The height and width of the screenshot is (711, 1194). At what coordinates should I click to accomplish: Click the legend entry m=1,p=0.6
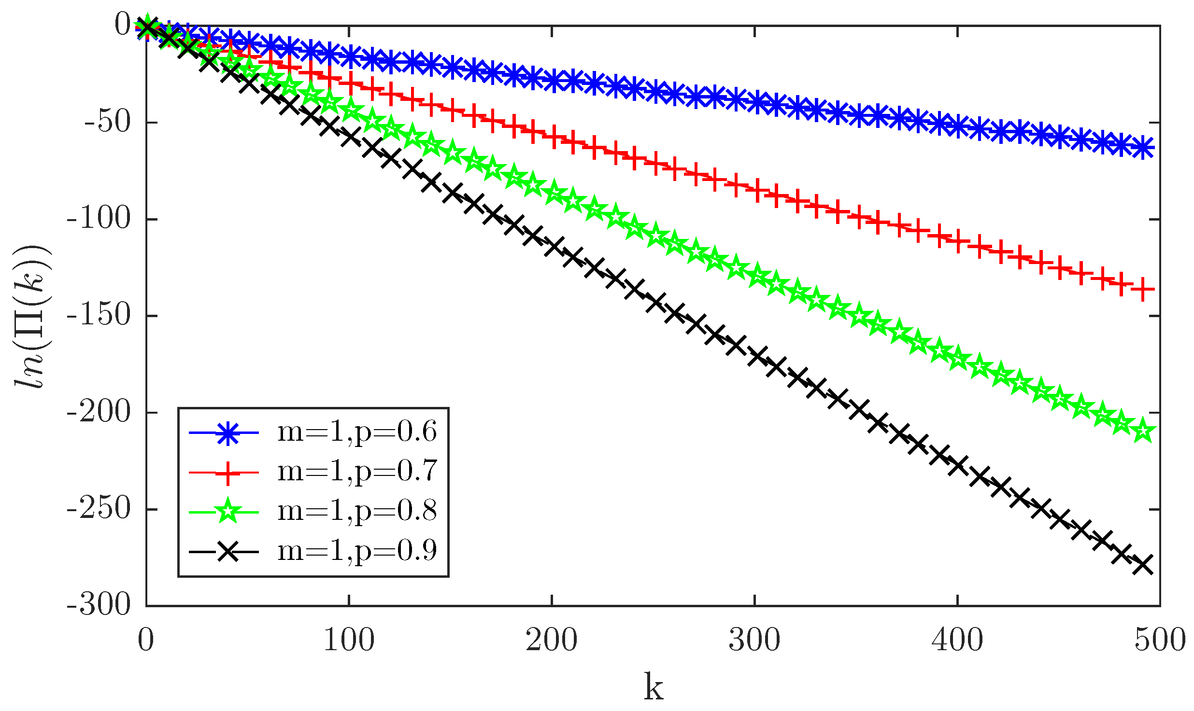[357, 432]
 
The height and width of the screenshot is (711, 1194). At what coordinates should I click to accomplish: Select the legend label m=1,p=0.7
[357, 472]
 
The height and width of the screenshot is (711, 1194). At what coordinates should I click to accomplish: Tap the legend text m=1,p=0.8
[357, 511]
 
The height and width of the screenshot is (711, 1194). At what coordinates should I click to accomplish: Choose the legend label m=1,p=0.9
[357, 551]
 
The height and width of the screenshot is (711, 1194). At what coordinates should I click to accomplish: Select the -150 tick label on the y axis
[99, 316]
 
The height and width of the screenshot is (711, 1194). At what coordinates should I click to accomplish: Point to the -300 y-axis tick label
[99, 605]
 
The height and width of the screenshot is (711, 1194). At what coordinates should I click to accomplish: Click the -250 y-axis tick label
[99, 509]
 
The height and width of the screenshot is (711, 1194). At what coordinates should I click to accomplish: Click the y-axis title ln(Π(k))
[31, 316]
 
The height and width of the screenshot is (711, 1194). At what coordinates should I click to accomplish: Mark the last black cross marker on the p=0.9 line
[1142, 564]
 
